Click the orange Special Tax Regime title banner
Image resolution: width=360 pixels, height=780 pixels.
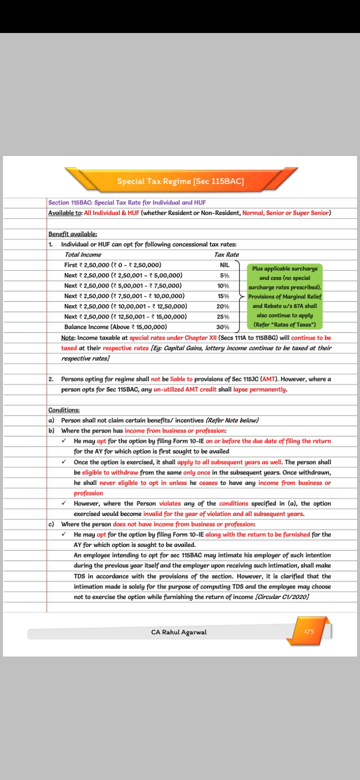[180, 181]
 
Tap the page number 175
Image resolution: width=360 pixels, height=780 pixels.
[309, 631]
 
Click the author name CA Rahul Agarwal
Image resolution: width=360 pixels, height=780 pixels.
[178, 632]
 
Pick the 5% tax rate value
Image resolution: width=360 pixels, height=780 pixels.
[224, 275]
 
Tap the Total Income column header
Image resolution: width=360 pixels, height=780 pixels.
[82, 254]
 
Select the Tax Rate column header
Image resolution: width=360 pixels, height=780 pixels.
[226, 254]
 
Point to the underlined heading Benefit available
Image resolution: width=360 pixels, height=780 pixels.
[72, 234]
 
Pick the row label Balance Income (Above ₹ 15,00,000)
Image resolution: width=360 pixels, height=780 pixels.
[115, 327]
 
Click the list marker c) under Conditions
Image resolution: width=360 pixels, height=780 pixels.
[51, 524]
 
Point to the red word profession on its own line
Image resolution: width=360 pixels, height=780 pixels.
[88, 493]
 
